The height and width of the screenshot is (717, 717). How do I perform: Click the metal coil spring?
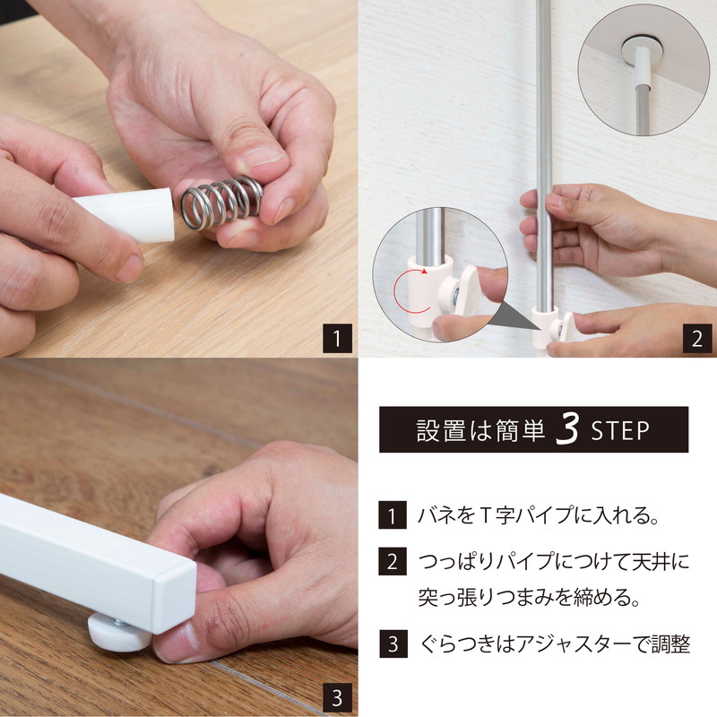coord(221,203)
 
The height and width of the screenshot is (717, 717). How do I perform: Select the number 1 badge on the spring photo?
coord(338,339)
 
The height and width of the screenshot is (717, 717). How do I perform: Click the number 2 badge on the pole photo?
coord(697,339)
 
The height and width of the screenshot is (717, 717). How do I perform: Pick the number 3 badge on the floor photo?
coord(337,698)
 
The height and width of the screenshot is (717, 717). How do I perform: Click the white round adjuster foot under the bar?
coord(120,633)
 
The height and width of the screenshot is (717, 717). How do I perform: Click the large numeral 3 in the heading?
coord(568,428)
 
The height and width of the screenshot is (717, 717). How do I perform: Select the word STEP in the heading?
coord(620,430)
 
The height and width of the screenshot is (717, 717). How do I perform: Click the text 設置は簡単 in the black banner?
coord(480,430)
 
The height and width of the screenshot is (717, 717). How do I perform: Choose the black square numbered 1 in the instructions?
coord(393,515)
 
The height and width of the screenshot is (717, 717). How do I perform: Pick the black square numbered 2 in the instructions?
coord(393,561)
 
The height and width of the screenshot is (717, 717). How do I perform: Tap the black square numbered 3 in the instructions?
coord(393,644)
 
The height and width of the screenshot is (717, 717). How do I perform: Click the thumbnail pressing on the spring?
coord(264,156)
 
